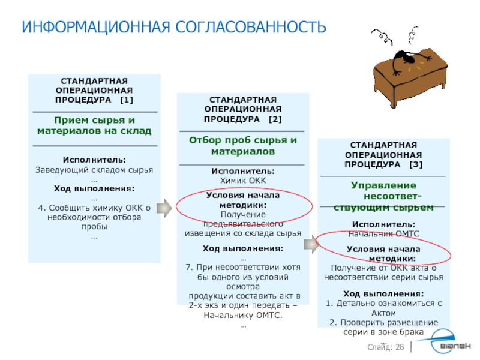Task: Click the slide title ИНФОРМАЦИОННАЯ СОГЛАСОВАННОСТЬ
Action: point(174,27)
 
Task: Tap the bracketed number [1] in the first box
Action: point(127,99)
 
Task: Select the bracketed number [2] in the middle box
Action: point(275,119)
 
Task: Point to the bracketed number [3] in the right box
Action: point(416,164)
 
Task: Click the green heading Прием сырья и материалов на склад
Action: point(94,125)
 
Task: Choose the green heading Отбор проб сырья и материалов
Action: point(242,146)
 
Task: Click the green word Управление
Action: point(383,185)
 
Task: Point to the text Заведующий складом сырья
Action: point(94,170)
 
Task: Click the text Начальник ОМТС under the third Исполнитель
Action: point(383,233)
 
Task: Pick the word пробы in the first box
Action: point(94,227)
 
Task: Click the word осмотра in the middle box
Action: point(242,287)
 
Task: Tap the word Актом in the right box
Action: point(383,313)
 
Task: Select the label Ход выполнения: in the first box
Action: point(94,188)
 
